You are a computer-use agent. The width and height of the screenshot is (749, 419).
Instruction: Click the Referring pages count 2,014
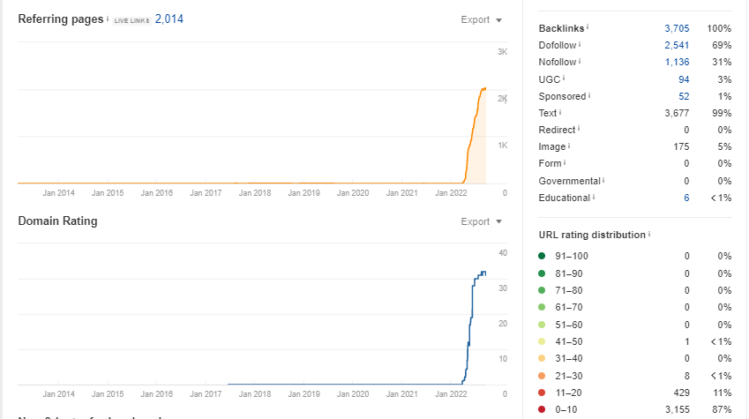point(169,19)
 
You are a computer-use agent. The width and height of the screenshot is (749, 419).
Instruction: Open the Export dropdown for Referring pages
point(482,19)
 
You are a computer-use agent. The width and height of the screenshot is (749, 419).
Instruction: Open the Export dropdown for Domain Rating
point(482,221)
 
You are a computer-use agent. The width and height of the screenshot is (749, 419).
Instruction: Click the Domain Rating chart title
point(57,221)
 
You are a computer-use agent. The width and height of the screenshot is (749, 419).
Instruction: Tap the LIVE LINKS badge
point(131,20)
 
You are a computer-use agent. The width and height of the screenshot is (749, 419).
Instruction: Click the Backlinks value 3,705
point(677,28)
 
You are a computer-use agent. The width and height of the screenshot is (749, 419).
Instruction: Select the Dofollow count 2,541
point(677,45)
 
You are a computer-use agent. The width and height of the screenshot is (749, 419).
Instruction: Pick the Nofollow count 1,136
point(677,62)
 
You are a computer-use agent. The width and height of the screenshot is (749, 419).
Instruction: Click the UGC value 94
point(684,79)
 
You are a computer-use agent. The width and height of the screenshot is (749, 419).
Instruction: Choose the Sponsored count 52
point(684,96)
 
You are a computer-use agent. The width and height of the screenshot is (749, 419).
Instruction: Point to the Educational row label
point(565,198)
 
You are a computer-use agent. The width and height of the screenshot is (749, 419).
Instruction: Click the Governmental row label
point(570,181)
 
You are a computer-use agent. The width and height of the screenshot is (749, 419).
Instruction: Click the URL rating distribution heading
point(592,235)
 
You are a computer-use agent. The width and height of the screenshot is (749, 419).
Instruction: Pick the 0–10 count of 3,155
point(677,409)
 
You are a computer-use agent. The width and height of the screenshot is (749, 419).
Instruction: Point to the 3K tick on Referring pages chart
point(502,52)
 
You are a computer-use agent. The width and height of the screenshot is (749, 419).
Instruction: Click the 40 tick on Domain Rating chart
point(503,254)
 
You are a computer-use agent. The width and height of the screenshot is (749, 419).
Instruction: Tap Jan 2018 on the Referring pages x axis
point(256,191)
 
